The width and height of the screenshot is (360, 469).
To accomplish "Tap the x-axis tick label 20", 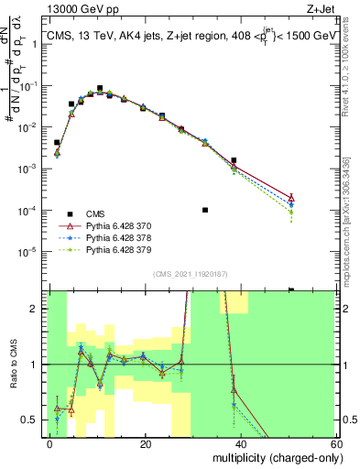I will click(146, 444).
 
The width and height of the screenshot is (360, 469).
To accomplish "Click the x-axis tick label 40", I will click(241, 444).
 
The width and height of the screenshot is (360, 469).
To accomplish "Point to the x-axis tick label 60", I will click(335, 444).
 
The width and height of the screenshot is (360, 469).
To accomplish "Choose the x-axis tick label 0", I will click(50, 444).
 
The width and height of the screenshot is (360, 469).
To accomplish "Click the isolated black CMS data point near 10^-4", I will click(205, 210).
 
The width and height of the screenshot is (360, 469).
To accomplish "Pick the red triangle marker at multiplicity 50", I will click(290, 198).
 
